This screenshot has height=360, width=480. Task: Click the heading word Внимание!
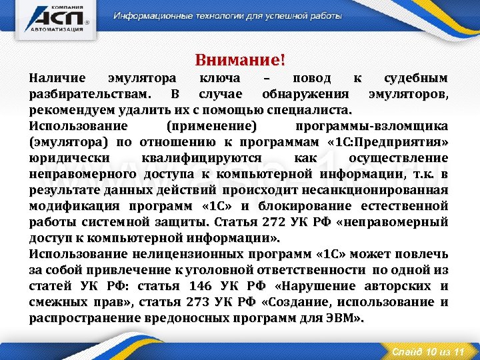click(240, 61)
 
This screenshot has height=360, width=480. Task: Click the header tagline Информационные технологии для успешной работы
click(227, 15)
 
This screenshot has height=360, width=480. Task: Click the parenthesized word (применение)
click(213, 126)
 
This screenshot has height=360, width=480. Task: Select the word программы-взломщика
click(383, 126)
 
